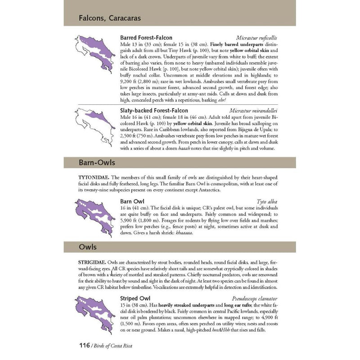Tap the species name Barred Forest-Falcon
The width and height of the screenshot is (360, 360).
pyautogui.click(x=146, y=38)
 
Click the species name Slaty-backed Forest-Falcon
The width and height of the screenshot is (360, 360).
pyautogui.click(x=154, y=110)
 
